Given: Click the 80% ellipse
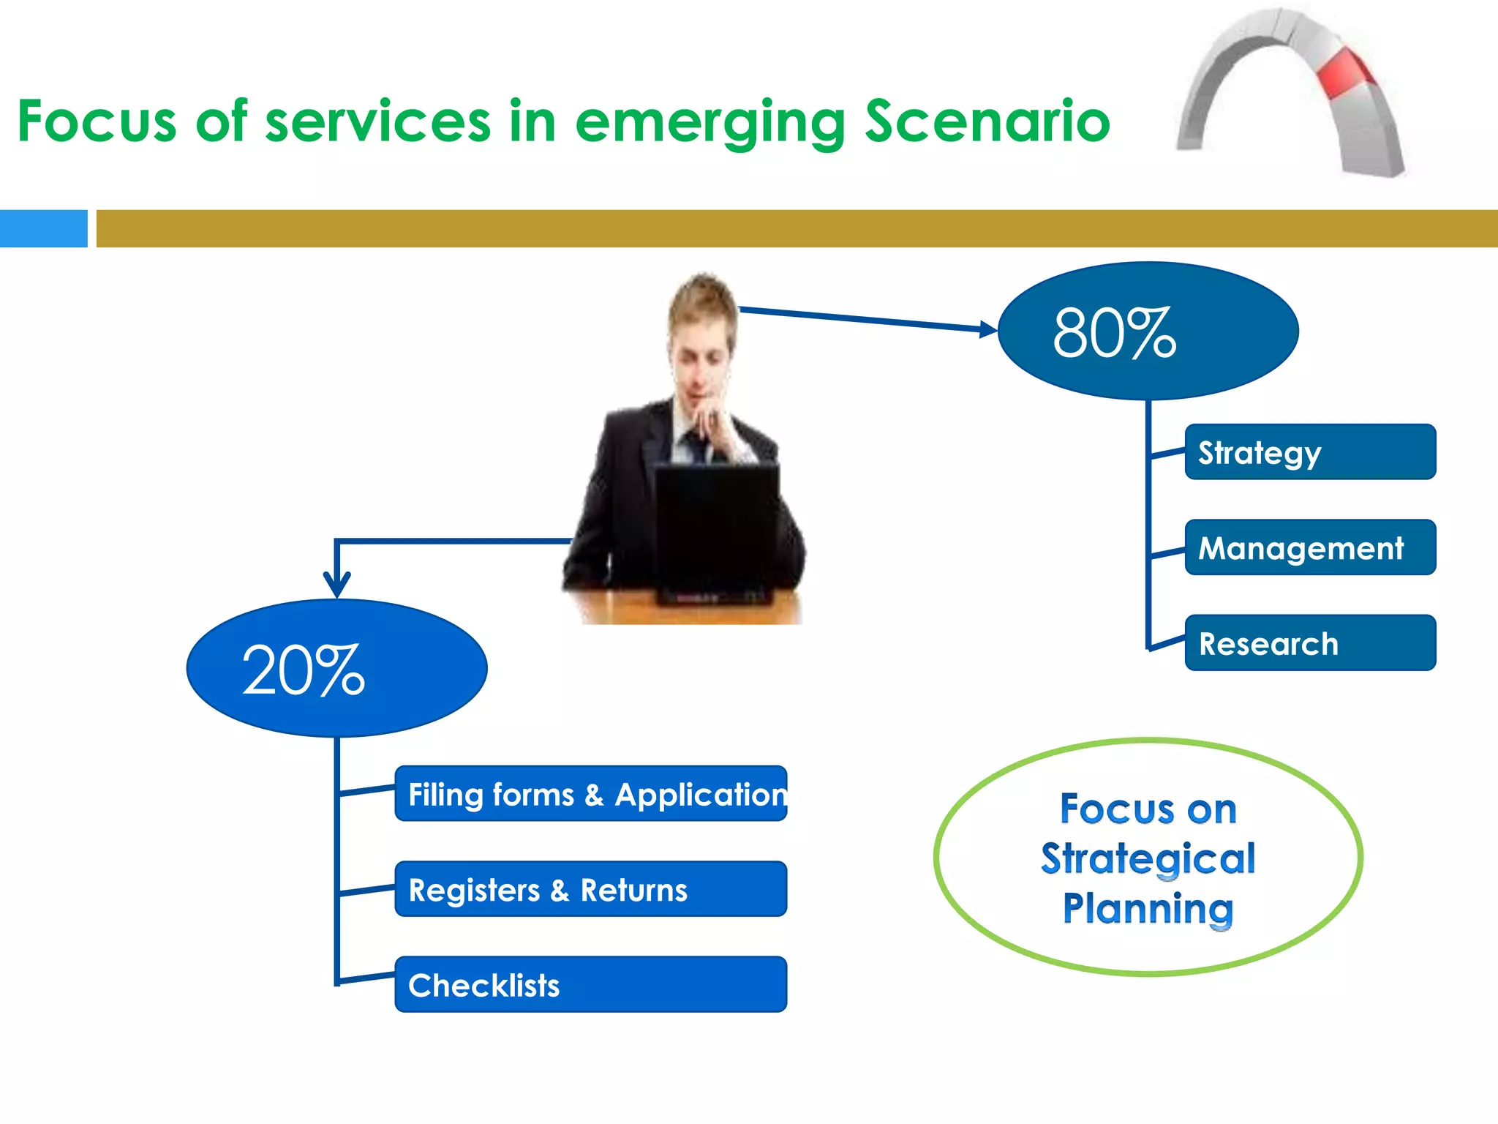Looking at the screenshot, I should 1148,331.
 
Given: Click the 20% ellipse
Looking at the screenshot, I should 336,668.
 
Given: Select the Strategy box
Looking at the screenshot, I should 1309,452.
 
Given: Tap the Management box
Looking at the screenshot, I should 1309,547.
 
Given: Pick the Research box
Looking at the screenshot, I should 1309,642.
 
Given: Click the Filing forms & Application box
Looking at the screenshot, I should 590,794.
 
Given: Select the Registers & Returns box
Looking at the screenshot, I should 590,889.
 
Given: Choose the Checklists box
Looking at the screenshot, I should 590,984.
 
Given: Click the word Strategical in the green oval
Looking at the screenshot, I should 1148,858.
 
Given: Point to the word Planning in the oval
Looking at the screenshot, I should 1148,908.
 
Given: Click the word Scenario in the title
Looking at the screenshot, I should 987,121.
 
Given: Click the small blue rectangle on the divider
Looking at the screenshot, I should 43,228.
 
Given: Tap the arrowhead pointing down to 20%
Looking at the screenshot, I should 336,585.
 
